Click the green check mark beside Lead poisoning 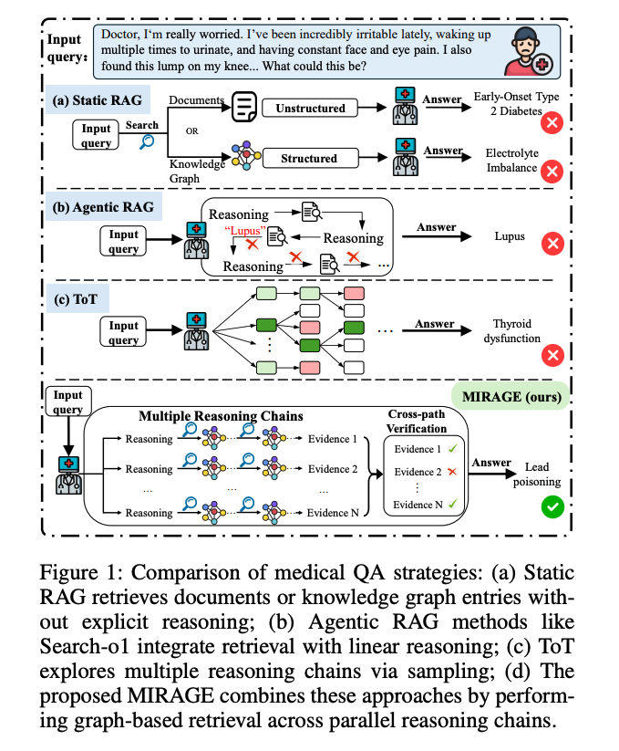click(x=551, y=506)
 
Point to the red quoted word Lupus click(x=244, y=230)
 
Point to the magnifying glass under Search click(x=145, y=141)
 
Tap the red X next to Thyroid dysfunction click(x=552, y=355)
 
